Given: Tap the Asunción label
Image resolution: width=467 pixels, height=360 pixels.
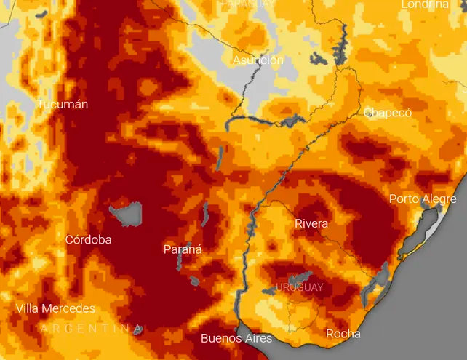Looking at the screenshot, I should (258, 60).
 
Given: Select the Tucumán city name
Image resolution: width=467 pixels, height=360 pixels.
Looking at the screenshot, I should (63, 104).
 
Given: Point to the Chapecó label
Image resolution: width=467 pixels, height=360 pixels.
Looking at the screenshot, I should (388, 113).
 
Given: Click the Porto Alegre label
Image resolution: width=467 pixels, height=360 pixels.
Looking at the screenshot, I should (423, 199).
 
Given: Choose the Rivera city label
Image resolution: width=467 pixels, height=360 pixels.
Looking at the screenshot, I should (311, 223).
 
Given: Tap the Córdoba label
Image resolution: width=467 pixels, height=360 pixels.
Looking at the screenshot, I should (89, 239).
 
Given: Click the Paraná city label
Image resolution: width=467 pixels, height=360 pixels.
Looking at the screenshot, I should (183, 249).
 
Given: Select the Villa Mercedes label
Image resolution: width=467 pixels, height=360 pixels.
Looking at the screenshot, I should (55, 308).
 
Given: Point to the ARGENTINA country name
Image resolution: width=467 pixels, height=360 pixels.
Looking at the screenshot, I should (90, 329).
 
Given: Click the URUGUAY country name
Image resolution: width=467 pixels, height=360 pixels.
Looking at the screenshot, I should (299, 287).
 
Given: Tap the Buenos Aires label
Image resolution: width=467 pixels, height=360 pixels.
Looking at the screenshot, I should (236, 338).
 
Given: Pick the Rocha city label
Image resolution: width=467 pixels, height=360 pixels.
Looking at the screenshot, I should (343, 334).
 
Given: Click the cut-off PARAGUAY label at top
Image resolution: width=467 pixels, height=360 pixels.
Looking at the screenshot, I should (248, 4).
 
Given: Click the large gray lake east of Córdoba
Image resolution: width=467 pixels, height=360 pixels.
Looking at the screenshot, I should (127, 214).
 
